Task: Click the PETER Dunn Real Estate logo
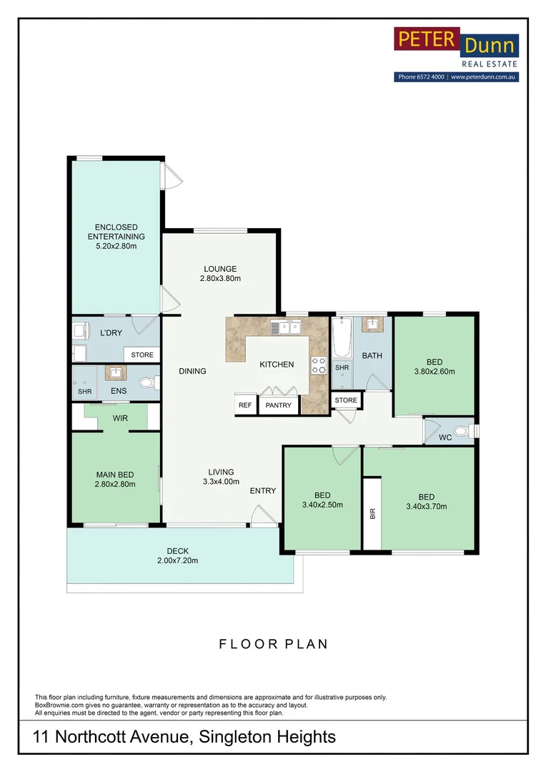(456, 54)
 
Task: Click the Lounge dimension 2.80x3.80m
(220, 278)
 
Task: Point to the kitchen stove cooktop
(319, 365)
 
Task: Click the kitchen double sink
(286, 327)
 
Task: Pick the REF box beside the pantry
(245, 405)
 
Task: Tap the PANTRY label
(278, 405)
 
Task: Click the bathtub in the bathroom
(342, 337)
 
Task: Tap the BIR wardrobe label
(372, 513)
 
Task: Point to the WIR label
(120, 418)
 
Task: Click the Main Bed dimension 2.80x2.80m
(115, 484)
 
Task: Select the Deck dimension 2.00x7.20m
(178, 560)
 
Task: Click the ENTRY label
(263, 490)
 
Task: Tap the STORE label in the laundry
(142, 355)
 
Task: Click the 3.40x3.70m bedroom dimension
(427, 506)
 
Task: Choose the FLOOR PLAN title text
(273, 644)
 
